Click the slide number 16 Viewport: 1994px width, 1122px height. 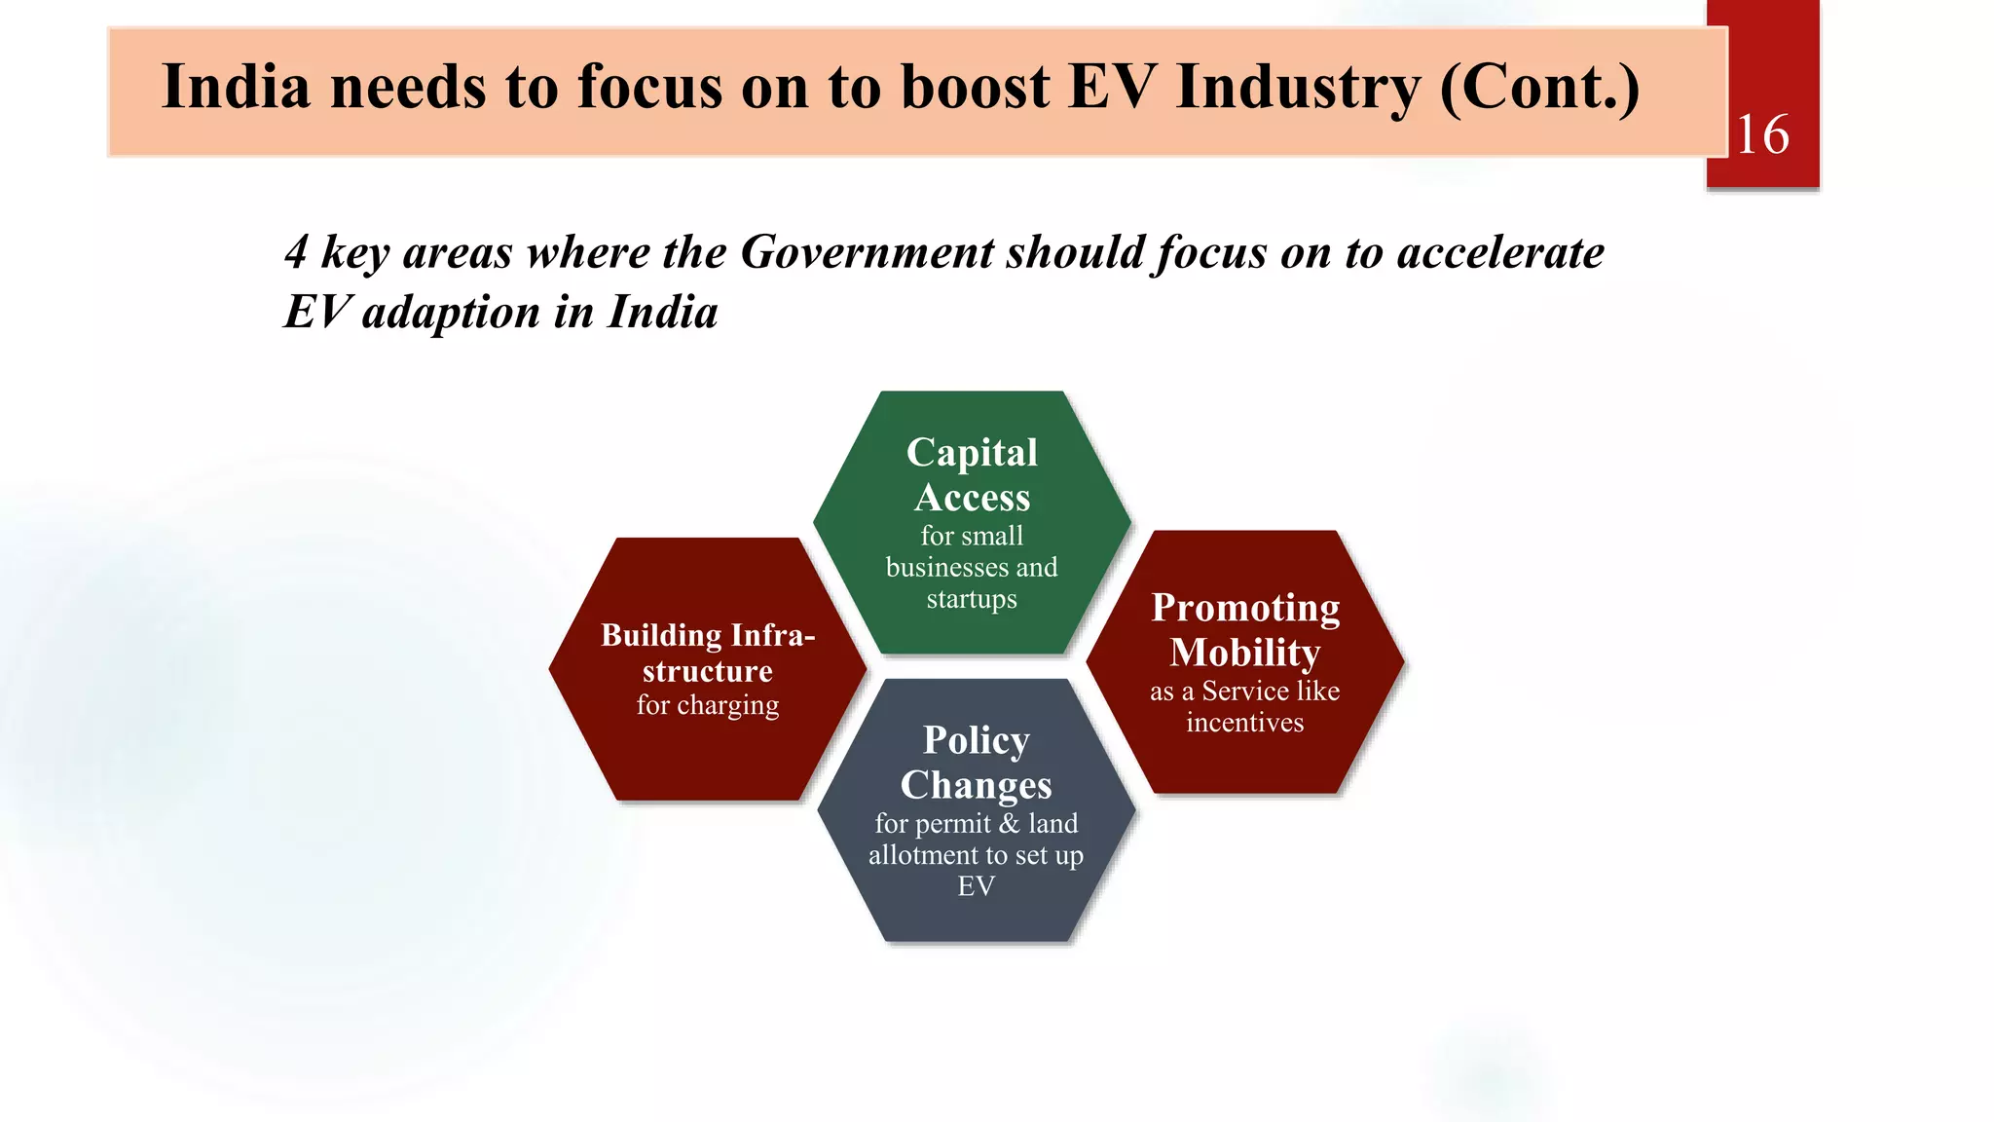[x=1762, y=134]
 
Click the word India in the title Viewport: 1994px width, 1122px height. [x=236, y=87]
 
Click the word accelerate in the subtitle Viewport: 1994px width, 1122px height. [x=1499, y=252]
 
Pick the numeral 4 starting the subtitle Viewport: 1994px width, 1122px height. [x=296, y=252]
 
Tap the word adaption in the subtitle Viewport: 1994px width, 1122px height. [x=450, y=313]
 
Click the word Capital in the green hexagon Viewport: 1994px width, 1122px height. [x=972, y=453]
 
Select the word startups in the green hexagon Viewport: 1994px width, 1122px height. [x=972, y=599]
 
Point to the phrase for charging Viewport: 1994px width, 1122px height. [x=708, y=704]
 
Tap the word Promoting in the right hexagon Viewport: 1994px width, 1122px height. [x=1245, y=608]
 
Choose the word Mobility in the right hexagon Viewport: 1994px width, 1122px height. [x=1245, y=653]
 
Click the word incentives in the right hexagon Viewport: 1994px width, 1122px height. [x=1244, y=723]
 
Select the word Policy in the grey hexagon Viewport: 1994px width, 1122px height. [x=976, y=740]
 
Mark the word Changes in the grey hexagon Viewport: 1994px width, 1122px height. [x=976, y=785]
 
